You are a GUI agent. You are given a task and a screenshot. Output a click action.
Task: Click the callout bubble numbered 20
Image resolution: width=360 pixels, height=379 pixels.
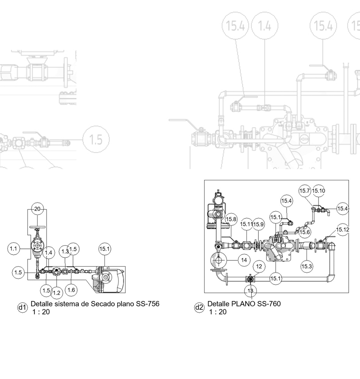(37, 209)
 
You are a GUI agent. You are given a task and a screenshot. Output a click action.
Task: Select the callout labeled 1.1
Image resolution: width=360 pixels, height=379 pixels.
(13, 249)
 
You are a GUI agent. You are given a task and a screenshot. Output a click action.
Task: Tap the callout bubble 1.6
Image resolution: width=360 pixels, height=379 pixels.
(71, 289)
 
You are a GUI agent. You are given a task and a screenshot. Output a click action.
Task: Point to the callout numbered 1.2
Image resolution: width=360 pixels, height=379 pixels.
(56, 293)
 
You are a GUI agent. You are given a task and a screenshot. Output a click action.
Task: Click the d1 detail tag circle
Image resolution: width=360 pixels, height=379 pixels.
(22, 308)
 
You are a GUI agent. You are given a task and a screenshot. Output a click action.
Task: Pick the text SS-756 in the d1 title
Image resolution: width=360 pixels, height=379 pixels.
(147, 304)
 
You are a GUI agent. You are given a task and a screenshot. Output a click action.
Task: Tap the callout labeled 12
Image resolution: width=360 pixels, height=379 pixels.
(259, 267)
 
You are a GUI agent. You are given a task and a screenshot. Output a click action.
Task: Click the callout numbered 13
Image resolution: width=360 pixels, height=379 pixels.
(251, 291)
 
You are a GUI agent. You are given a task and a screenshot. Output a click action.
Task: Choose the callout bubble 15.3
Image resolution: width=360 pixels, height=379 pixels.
(306, 267)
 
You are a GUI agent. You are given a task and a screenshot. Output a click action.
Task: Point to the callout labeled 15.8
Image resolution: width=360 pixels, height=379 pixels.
(231, 219)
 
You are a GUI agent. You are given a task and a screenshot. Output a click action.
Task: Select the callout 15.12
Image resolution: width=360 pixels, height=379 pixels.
(343, 230)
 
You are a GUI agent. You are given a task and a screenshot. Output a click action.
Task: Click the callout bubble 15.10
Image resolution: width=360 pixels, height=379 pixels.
(318, 191)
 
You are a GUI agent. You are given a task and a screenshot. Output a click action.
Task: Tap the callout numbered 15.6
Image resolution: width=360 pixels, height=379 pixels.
(305, 232)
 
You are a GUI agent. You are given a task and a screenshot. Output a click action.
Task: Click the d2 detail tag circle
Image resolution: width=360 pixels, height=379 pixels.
(199, 308)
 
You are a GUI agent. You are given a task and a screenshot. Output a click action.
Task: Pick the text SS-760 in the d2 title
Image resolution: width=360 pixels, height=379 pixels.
(269, 304)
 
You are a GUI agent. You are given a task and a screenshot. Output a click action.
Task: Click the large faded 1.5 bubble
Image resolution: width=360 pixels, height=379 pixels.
(96, 140)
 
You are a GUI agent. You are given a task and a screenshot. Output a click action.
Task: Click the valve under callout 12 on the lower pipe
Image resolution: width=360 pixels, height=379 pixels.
(250, 279)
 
